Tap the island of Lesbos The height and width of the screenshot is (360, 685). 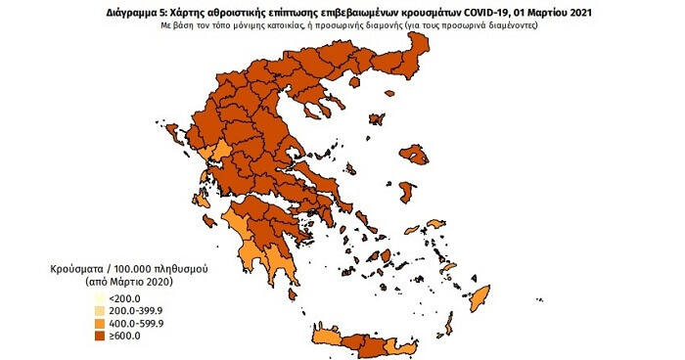tap(419, 155)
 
